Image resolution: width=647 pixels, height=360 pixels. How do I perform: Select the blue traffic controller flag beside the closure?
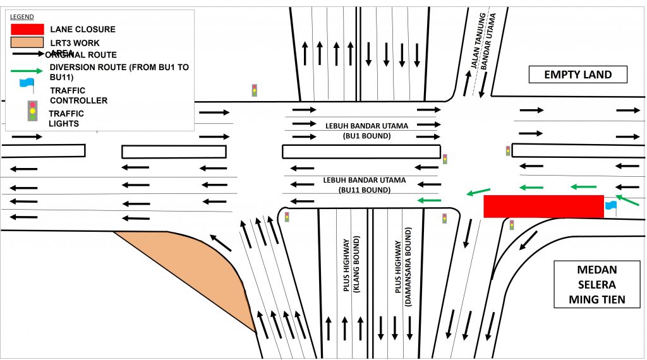[x=610, y=206]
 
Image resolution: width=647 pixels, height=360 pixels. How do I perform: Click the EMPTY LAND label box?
[x=577, y=75]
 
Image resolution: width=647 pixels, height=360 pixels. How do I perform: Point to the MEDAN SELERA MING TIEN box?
[x=596, y=284]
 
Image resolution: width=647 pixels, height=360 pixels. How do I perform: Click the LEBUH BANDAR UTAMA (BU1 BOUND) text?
[x=366, y=131]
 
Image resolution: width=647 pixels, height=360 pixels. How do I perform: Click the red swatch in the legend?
[x=27, y=29]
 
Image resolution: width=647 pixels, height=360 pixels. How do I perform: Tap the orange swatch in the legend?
[x=27, y=43]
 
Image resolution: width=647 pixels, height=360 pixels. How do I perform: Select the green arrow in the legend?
[x=27, y=70]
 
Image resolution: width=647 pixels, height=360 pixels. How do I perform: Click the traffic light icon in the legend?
[x=30, y=111]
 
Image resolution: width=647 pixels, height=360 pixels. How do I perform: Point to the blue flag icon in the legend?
[x=27, y=83]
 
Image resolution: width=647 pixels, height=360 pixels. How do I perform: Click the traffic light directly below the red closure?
[x=511, y=224]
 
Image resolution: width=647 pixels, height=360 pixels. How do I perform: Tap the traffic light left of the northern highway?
[x=254, y=90]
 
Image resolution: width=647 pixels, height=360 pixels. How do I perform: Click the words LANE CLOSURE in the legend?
[x=82, y=30]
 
